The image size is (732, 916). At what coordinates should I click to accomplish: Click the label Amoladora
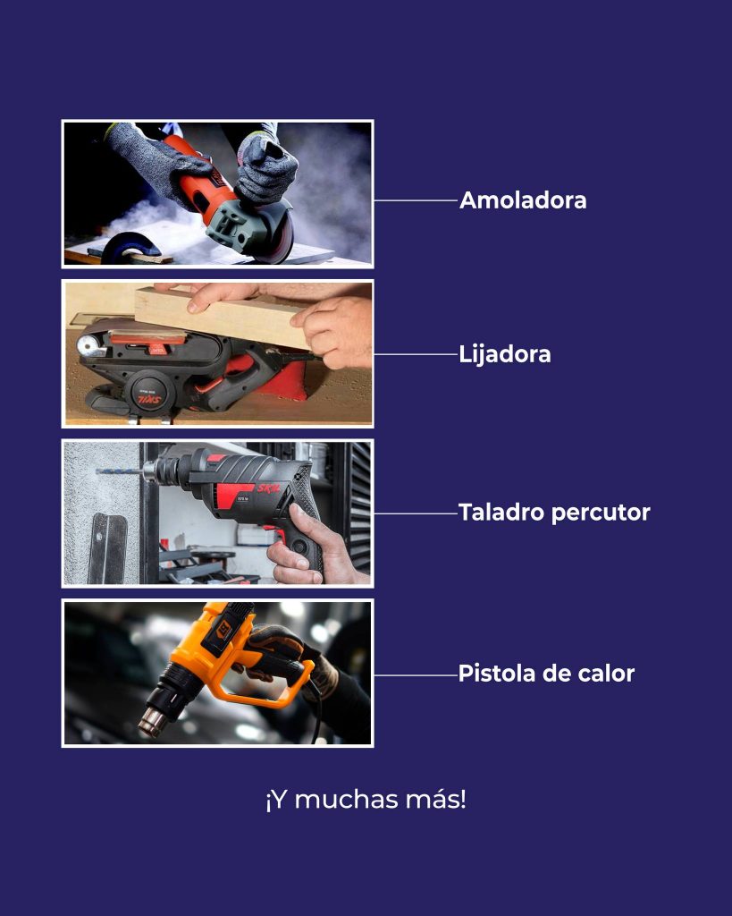coord(523,200)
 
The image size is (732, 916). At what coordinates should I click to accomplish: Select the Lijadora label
coord(504,354)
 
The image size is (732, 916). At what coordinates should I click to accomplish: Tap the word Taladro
coord(501,513)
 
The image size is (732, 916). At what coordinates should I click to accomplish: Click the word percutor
coord(601,513)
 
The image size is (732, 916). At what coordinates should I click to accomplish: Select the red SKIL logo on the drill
coord(269,488)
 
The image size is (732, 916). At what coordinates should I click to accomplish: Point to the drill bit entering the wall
coord(119,471)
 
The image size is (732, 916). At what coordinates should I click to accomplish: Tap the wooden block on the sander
coord(223,315)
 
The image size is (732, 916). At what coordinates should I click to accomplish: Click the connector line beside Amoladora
coord(416,200)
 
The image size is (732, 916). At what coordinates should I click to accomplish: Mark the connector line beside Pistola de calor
coord(416,674)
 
